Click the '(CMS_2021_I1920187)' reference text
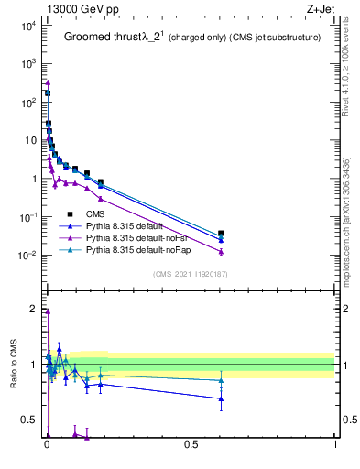(x=190, y=274)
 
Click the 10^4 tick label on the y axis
(x=27, y=26)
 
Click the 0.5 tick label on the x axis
(x=191, y=450)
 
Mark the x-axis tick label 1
(x=335, y=450)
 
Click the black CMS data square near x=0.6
(x=221, y=234)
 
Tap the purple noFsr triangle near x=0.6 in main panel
(x=221, y=251)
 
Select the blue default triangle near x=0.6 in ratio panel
(x=221, y=398)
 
